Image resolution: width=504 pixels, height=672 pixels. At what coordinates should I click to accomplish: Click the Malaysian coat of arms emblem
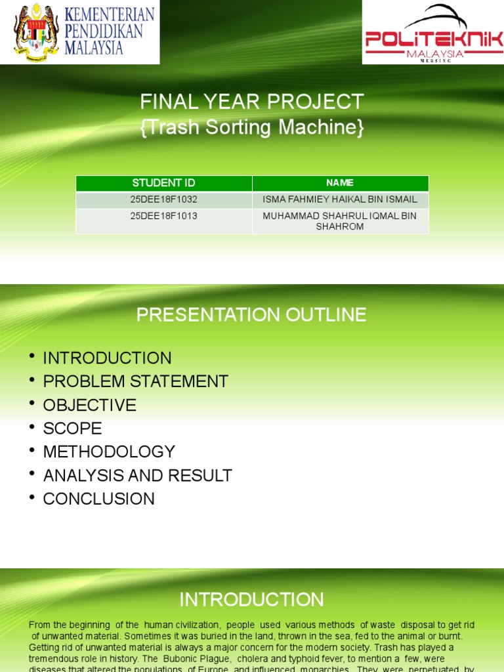pos(36,31)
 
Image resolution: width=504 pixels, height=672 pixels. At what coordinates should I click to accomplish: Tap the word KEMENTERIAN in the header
pos(110,14)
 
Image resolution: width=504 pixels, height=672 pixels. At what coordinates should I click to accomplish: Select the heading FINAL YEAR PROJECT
pos(251,102)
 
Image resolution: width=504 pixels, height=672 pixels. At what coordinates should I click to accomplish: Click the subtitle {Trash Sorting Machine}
pos(251,127)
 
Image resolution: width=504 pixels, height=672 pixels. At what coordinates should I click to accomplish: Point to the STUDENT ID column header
pos(163,183)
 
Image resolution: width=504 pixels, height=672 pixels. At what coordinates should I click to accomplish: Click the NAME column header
pos(340,183)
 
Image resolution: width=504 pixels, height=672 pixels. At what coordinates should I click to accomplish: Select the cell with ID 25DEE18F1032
pos(163,199)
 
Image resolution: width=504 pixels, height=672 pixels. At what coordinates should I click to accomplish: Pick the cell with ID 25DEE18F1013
pos(163,216)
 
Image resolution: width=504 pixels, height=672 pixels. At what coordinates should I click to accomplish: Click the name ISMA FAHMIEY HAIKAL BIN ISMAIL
pos(340,199)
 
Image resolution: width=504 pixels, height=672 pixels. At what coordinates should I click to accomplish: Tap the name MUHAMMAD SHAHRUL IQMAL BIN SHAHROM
pos(340,221)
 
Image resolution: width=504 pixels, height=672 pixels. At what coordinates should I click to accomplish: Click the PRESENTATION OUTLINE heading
pos(251,315)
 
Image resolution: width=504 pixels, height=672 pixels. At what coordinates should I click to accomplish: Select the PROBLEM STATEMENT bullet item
pos(135,381)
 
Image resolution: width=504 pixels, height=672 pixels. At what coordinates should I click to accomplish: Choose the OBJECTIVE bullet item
pos(89,405)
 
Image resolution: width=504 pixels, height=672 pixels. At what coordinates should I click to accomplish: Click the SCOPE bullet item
pos(72,429)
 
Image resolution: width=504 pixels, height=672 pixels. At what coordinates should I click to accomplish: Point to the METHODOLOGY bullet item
pos(109,452)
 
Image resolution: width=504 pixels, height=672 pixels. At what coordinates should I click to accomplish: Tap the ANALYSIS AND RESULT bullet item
pos(137,476)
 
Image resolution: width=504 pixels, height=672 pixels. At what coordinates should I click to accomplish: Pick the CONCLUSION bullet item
pos(98,499)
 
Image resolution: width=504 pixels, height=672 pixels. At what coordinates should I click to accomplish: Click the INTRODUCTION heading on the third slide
pos(251,600)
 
